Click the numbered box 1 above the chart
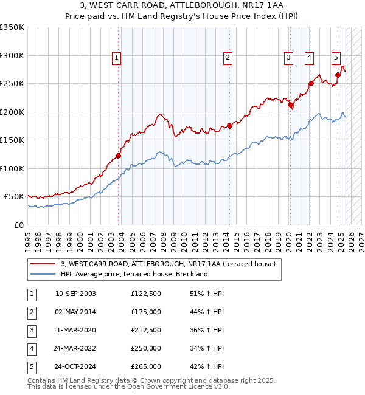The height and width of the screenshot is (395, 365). [x=116, y=58]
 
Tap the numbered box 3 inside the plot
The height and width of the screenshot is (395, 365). [x=288, y=58]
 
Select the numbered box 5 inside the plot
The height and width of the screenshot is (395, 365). [x=336, y=58]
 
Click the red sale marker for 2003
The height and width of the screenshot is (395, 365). [x=119, y=156]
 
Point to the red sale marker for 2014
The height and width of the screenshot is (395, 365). [x=229, y=126]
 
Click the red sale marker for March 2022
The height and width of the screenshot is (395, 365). [x=310, y=84]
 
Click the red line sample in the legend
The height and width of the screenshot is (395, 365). [x=42, y=264]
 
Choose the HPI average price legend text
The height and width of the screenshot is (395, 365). [x=134, y=274]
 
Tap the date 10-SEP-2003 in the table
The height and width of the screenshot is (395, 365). [x=75, y=294]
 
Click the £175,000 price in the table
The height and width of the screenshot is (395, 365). [x=146, y=312]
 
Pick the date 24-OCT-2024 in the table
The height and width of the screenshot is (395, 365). [x=75, y=366]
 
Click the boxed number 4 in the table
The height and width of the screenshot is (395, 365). [x=32, y=348]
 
